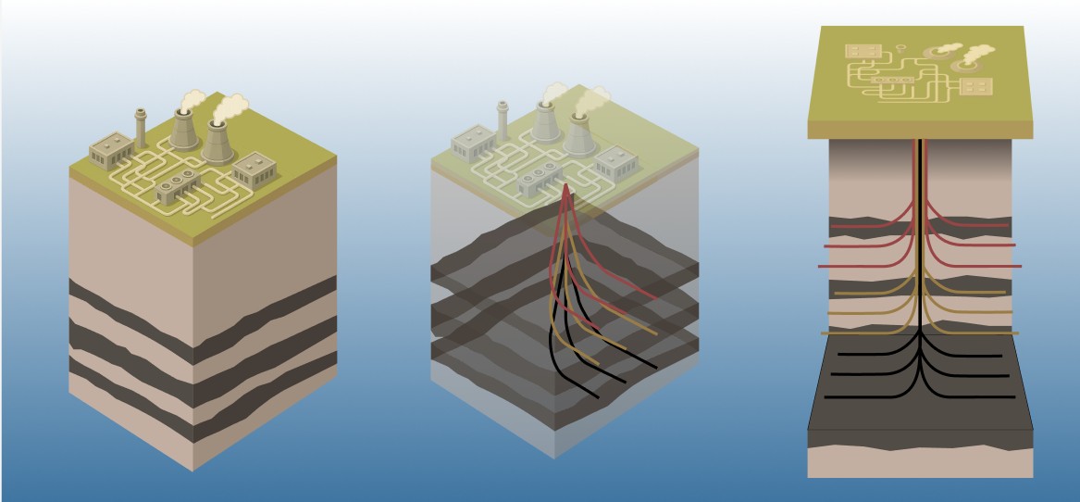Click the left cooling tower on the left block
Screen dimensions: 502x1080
[x=183, y=130]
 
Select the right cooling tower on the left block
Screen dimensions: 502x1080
[x=217, y=140]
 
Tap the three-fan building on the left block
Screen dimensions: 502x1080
[x=177, y=186]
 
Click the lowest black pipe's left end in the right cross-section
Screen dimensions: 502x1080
[x=826, y=396]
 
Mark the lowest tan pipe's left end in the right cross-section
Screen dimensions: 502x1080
[x=820, y=333]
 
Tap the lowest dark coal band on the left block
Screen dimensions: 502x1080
[x=130, y=382]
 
